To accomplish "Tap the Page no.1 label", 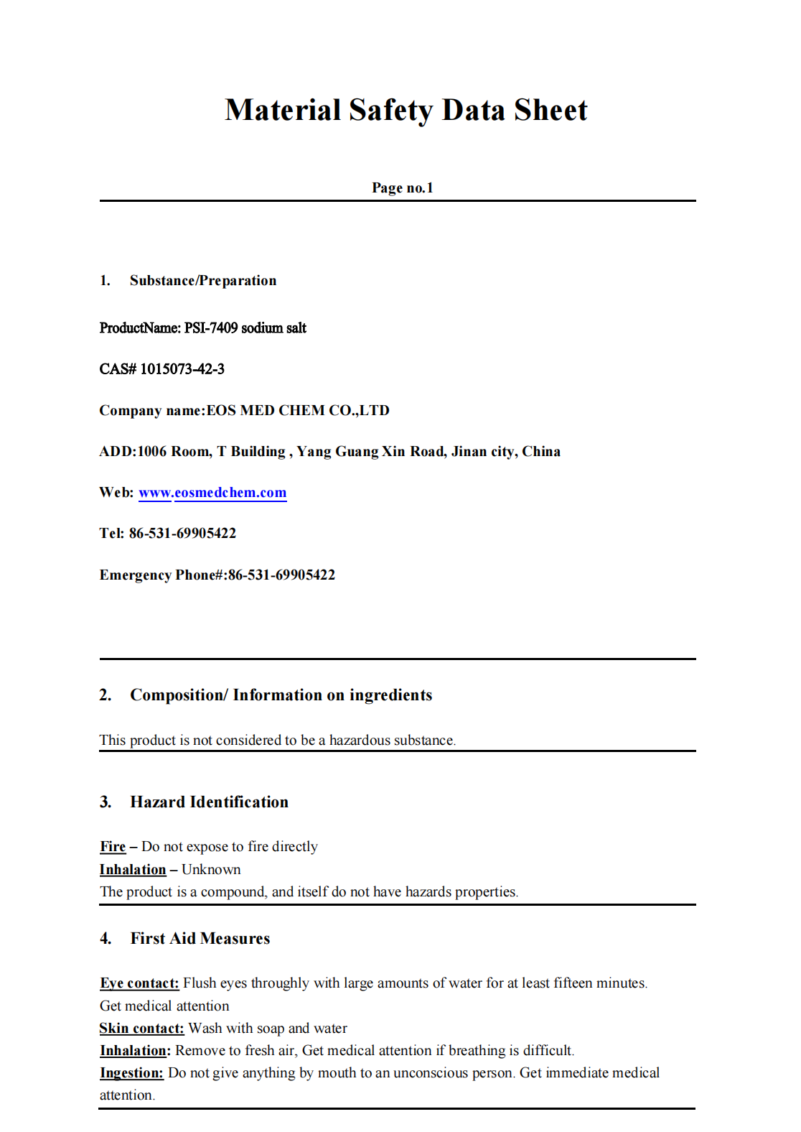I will (x=402, y=188).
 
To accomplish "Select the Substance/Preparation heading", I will (x=202, y=281).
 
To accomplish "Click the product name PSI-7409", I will (x=210, y=328).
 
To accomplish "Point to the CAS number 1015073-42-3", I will (x=182, y=369).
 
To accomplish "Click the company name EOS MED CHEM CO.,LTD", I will (x=298, y=411).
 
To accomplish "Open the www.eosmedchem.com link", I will (x=212, y=493).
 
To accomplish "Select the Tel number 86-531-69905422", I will (x=182, y=534).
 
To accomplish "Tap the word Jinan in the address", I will (x=469, y=452).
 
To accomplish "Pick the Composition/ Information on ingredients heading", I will (x=281, y=695).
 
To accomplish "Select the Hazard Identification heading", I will (x=209, y=802).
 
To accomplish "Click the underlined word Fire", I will (x=113, y=847).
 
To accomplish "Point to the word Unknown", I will (x=211, y=870).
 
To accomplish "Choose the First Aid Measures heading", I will (x=200, y=939).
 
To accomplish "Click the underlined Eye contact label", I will (x=139, y=983).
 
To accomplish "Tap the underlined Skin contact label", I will (x=141, y=1029).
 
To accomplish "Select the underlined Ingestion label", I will (x=131, y=1073).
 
